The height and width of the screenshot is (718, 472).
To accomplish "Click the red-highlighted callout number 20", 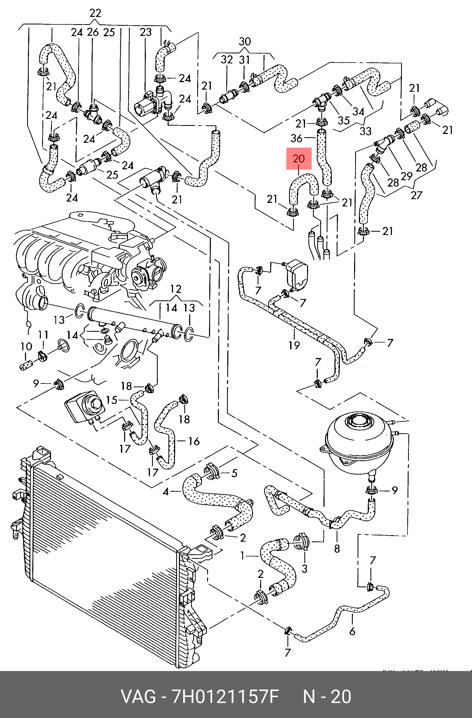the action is coord(299,159).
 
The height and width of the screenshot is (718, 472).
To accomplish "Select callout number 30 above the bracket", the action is coord(245,41).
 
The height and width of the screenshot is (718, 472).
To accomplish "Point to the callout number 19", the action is coord(294,345).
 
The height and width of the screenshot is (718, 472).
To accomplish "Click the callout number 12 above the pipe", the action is coord(176,289).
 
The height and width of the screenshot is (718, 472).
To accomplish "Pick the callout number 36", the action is coord(296,138).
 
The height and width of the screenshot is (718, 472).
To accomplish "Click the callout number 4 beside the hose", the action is coord(166,492).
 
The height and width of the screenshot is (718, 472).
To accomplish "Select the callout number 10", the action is coord(26,346).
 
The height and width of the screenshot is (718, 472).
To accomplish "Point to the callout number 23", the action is coord(146,32).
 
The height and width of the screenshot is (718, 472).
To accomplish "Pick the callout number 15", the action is coord(112,400).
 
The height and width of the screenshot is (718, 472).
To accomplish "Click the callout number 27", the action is coord(416,195).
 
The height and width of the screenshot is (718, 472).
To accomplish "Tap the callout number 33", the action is coord(366,131).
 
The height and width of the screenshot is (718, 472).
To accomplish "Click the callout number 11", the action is coord(43,334).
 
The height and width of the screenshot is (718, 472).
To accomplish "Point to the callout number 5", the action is coord(234,473).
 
